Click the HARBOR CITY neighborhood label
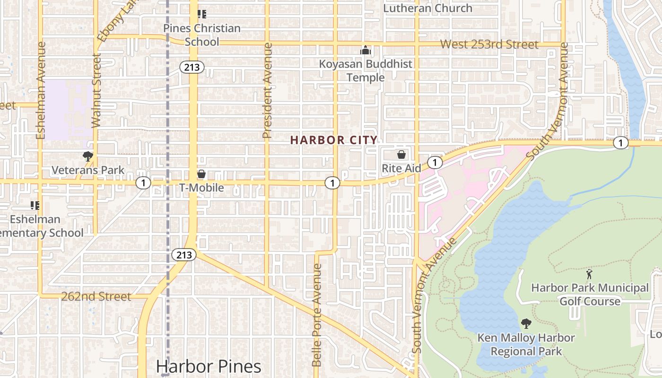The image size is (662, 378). tap(334, 140)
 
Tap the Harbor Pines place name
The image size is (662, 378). tap(209, 366)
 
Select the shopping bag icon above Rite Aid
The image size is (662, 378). tap(401, 155)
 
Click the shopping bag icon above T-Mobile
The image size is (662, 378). tap(201, 174)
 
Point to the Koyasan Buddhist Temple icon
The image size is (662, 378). tap(366, 50)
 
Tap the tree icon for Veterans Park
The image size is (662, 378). tap(87, 156)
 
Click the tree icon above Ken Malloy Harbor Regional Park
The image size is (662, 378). tap(526, 324)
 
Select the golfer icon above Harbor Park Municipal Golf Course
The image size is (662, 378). tap(589, 274)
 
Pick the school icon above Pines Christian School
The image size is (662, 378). tap(202, 15)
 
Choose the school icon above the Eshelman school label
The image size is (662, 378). tap(35, 206)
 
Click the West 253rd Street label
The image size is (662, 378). tap(489, 44)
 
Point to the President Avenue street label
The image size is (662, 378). tap(268, 91)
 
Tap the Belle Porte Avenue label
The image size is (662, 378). tap(317, 315)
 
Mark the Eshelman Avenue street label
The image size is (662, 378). tap(41, 90)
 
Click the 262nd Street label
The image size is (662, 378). tap(96, 296)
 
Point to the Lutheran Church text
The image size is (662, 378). tap(427, 8)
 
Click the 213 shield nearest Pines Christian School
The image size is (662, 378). tap(192, 68)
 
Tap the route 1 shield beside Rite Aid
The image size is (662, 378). tap(435, 163)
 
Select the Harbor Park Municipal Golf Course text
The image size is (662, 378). tap(590, 294)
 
